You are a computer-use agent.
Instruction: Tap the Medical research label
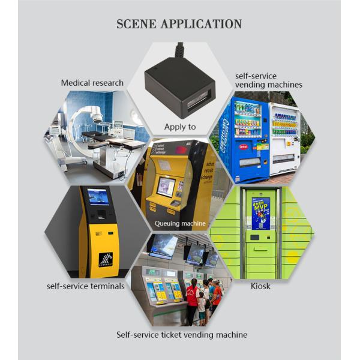coord(92,83)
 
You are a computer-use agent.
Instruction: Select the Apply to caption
coord(180,127)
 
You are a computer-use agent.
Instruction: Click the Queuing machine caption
coord(180,224)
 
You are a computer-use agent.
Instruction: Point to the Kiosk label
coord(260,286)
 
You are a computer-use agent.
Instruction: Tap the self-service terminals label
coord(86,286)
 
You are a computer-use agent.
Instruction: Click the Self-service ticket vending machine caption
coord(181,335)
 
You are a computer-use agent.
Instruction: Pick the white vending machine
coord(284,138)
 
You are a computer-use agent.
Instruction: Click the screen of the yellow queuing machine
coord(166,187)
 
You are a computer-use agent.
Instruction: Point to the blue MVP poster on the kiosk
coord(260,214)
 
